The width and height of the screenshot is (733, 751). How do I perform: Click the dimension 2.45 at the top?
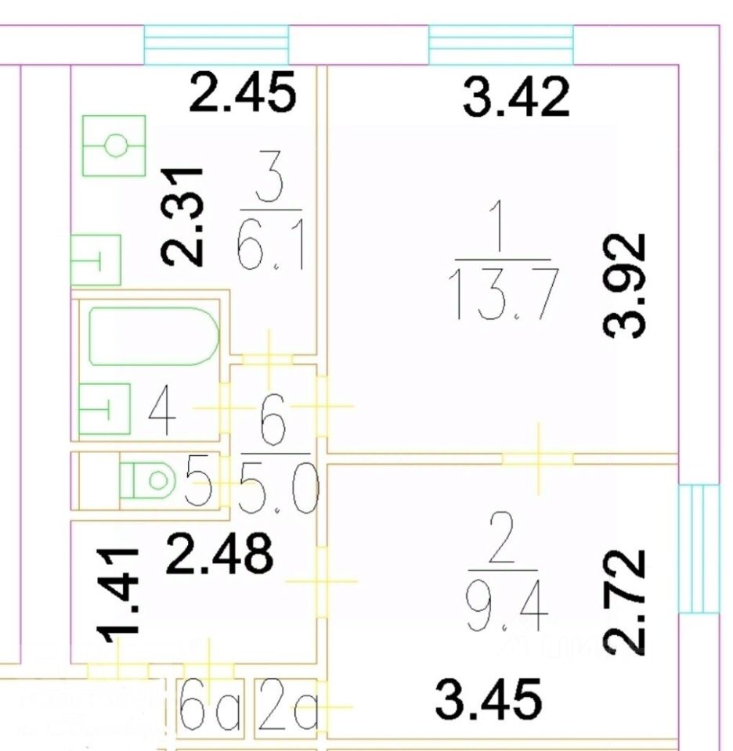pos(244,93)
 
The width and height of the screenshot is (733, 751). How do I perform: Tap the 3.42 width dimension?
pos(516,98)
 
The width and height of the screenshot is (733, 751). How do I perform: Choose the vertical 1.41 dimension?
pos(121,593)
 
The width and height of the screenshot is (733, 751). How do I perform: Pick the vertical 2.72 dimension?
pos(626,601)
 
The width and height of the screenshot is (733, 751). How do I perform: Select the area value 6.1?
pos(269,250)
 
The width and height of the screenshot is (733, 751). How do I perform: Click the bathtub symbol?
pos(152,336)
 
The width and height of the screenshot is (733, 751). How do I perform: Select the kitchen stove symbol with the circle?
pos(115,146)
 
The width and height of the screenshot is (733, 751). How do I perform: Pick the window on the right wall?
pos(698,548)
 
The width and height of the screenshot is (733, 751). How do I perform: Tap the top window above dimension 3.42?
pos(500,45)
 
